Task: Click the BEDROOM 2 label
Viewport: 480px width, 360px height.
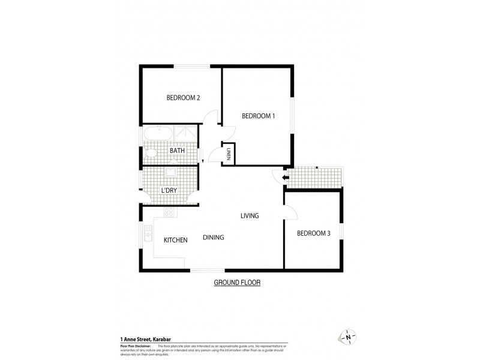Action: click(x=183, y=98)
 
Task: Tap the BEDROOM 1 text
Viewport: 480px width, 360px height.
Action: click(x=258, y=116)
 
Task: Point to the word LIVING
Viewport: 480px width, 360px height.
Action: click(x=250, y=216)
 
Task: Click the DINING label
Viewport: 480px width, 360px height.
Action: click(x=213, y=238)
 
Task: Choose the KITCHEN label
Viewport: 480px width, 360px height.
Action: click(x=176, y=240)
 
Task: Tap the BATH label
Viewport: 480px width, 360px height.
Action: click(x=176, y=151)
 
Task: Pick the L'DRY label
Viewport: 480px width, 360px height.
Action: click(x=169, y=191)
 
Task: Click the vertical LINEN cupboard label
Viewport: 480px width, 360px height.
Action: click(x=229, y=154)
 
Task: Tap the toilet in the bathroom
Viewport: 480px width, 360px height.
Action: click(x=150, y=154)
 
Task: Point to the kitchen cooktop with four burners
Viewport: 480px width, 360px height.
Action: click(x=169, y=212)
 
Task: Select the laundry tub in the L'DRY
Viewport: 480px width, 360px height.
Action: click(x=169, y=175)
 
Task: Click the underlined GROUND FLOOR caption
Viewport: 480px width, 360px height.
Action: click(x=238, y=282)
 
